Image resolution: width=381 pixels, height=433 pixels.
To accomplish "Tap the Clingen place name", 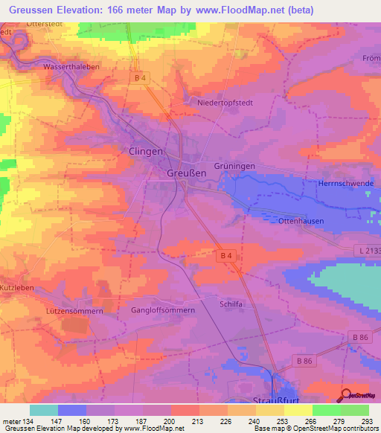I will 141,151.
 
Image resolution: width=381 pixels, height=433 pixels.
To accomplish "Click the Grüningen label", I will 234,166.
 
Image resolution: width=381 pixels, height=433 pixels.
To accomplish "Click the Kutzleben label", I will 17,286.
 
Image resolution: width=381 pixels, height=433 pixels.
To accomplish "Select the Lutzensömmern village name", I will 74,310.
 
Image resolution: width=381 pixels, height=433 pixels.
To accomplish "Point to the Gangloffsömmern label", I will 163,309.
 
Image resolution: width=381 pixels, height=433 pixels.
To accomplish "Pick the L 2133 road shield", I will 368,251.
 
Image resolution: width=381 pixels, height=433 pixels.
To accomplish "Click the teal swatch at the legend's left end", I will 43,410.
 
